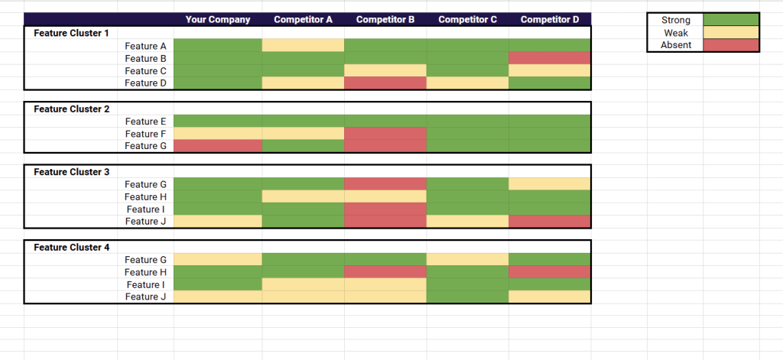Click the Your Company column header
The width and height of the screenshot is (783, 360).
pyautogui.click(x=217, y=20)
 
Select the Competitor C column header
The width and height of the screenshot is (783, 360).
pyautogui.click(x=467, y=20)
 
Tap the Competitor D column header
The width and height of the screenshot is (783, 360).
pyautogui.click(x=549, y=20)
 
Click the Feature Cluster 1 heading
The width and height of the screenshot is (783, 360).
pyautogui.click(x=72, y=33)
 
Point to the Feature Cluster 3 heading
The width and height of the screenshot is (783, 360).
pyautogui.click(x=72, y=172)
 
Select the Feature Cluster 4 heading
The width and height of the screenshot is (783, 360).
pyautogui.click(x=72, y=248)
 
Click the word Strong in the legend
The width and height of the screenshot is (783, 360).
pyautogui.click(x=676, y=21)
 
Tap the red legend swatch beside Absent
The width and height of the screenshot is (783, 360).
pyautogui.click(x=730, y=45)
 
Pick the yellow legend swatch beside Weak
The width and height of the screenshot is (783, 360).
pyautogui.click(x=730, y=33)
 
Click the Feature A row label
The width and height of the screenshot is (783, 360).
pyautogui.click(x=145, y=46)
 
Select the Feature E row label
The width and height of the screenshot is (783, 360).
pyautogui.click(x=145, y=122)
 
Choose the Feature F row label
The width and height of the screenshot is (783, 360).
pyautogui.click(x=145, y=134)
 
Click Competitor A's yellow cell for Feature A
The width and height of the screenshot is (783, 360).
pyautogui.click(x=303, y=46)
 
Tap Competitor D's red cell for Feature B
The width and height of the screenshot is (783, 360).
pyautogui.click(x=549, y=58)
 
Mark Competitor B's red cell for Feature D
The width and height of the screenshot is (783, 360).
pyautogui.click(x=385, y=83)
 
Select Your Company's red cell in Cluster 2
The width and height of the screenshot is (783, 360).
pyautogui.click(x=217, y=146)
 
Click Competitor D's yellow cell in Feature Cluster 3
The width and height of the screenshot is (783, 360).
pyautogui.click(x=549, y=183)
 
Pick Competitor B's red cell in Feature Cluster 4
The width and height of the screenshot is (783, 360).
pyautogui.click(x=385, y=272)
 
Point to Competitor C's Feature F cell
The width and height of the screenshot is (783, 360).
pyautogui.click(x=467, y=134)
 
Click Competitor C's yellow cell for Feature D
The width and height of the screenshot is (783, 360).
pyautogui.click(x=467, y=83)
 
